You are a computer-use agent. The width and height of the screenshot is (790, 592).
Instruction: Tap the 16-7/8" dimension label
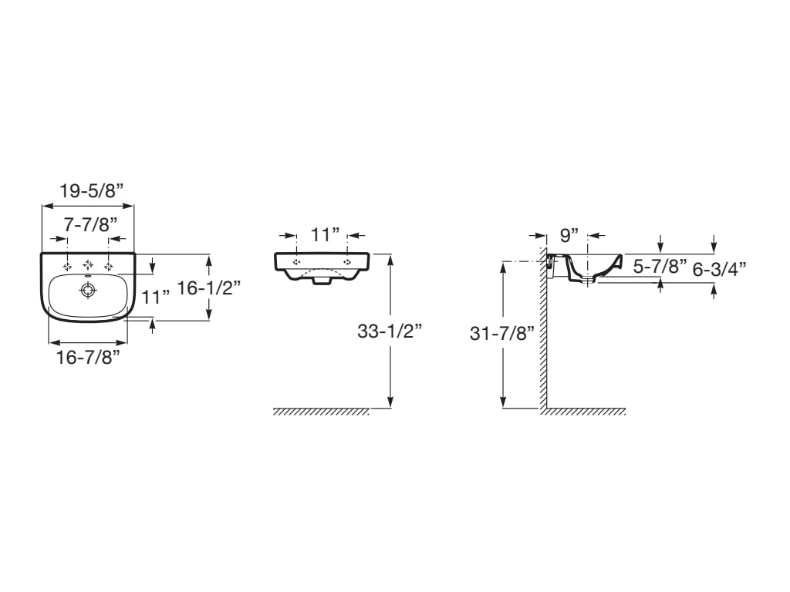coord(88,358)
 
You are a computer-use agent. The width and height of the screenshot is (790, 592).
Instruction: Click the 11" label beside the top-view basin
coord(156,297)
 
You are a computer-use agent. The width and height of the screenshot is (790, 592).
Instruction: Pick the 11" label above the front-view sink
coord(325,234)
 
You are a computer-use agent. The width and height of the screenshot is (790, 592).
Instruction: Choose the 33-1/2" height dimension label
coord(390,331)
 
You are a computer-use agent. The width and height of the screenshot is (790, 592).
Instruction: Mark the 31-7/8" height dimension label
coord(501,333)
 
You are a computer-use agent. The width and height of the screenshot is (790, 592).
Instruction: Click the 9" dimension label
coord(569,234)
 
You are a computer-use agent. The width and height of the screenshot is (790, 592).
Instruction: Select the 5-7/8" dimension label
coord(660,266)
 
